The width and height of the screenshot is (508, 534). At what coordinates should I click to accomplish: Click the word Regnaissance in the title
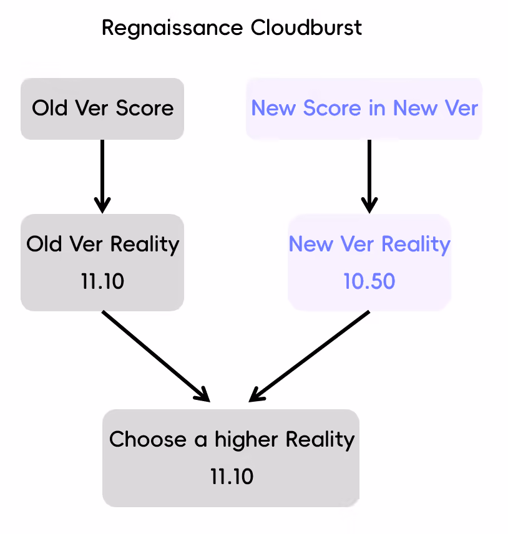pyautogui.click(x=172, y=28)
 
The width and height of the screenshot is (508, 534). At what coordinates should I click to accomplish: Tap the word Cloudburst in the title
pyautogui.click(x=306, y=27)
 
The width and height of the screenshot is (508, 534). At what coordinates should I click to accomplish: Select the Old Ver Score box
pyautogui.click(x=102, y=109)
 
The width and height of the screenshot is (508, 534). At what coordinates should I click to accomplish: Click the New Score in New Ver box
pyautogui.click(x=364, y=109)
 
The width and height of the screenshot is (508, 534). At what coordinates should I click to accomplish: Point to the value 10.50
pyautogui.click(x=369, y=281)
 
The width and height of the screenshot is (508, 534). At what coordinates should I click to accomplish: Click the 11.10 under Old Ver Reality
pyautogui.click(x=102, y=281)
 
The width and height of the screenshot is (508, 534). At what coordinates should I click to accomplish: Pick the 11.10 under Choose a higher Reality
pyautogui.click(x=232, y=477)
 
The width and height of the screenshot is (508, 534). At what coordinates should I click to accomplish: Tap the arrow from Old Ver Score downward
pyautogui.click(x=102, y=177)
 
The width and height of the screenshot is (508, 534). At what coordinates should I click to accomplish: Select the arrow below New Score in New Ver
pyautogui.click(x=369, y=177)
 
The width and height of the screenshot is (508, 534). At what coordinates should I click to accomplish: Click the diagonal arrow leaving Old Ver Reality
pyautogui.click(x=156, y=356)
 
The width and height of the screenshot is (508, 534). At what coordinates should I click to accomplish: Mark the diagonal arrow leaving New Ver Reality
pyautogui.click(x=309, y=356)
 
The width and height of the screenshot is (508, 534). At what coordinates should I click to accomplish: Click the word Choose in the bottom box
pyautogui.click(x=148, y=439)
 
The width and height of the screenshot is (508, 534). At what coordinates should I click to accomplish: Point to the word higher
pyautogui.click(x=246, y=440)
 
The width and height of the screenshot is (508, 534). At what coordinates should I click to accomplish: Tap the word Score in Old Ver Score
pyautogui.click(x=144, y=109)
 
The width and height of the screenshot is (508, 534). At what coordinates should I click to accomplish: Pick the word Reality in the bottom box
pyautogui.click(x=320, y=440)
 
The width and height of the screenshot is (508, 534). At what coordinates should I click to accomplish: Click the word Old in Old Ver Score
pyautogui.click(x=49, y=109)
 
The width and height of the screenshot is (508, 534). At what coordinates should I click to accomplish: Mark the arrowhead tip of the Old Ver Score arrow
pyautogui.click(x=102, y=213)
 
